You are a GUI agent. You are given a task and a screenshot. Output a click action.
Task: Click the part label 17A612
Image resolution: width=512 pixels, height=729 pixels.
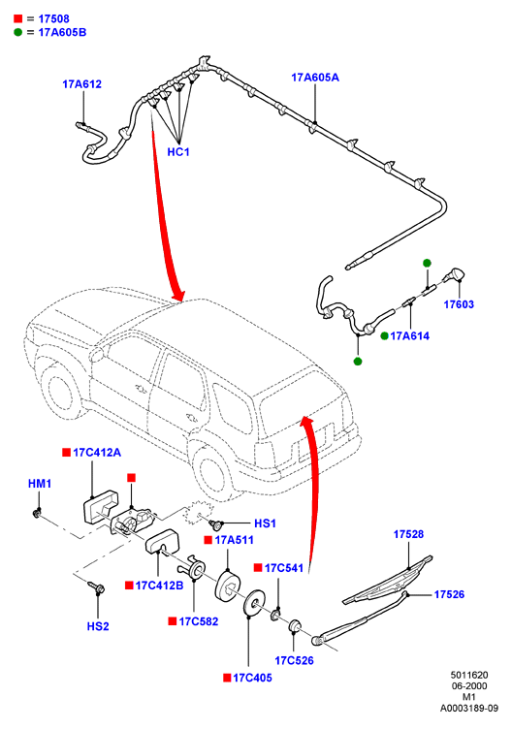[81, 84]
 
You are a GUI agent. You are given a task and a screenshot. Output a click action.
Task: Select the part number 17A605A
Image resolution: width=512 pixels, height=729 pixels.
[315, 78]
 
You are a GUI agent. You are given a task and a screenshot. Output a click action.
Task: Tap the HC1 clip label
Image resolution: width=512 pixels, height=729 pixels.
[178, 152]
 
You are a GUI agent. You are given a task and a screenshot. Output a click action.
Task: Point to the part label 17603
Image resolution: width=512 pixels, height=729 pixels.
[459, 304]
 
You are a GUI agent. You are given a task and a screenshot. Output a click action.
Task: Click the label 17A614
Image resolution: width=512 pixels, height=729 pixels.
[409, 336]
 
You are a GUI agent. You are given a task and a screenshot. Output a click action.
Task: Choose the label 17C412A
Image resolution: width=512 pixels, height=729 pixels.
[97, 453]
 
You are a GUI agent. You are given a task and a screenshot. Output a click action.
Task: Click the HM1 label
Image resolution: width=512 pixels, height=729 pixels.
[40, 484]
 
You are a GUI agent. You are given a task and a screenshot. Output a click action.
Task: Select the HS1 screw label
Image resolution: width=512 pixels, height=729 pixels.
[265, 523]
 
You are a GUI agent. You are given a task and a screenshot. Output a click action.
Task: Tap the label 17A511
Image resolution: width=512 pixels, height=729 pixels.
[234, 540]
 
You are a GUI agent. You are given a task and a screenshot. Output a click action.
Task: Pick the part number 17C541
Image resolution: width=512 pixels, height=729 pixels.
[284, 568]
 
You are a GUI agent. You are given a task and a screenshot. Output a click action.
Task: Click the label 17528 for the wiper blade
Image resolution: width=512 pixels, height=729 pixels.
[409, 535]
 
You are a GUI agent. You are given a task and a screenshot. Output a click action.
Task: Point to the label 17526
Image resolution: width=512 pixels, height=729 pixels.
[449, 594]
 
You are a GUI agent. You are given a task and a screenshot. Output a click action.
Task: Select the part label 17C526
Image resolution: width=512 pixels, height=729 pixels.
[295, 661]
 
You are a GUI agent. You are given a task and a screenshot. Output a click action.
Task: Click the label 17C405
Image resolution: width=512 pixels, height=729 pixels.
[252, 678]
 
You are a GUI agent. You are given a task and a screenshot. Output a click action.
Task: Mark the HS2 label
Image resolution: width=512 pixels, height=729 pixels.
[98, 626]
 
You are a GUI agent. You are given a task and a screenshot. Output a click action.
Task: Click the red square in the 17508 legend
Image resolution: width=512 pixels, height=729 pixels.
[18, 18]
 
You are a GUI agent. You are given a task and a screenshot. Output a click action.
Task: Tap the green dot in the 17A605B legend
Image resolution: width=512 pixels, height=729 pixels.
[18, 32]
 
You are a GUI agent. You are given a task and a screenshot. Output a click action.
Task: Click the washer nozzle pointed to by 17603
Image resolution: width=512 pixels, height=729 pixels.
[455, 275]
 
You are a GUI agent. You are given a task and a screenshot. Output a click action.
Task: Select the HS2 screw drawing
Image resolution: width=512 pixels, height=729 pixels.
[96, 586]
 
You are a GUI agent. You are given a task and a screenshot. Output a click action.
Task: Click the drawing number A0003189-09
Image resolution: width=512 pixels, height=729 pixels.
[469, 709]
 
